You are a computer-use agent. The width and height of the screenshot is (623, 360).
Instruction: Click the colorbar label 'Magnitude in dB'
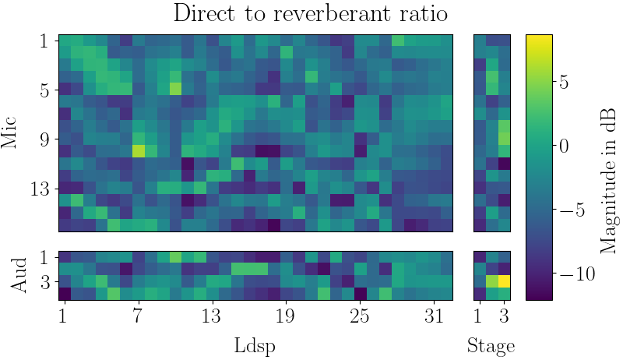(x=608, y=168)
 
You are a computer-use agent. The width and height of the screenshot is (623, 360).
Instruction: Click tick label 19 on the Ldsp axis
(x=286, y=316)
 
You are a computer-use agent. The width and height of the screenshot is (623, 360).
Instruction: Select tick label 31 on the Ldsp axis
(x=434, y=316)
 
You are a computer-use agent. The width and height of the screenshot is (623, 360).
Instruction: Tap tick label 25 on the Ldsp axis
(x=360, y=316)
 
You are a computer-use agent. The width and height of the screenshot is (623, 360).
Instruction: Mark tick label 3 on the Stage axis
(x=505, y=316)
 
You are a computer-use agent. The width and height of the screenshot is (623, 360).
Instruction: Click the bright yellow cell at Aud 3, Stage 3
(x=505, y=281)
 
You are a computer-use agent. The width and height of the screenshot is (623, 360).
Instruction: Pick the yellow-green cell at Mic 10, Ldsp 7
(x=139, y=151)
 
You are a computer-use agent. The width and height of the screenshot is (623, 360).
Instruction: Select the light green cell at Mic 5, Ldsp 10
(x=175, y=89)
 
